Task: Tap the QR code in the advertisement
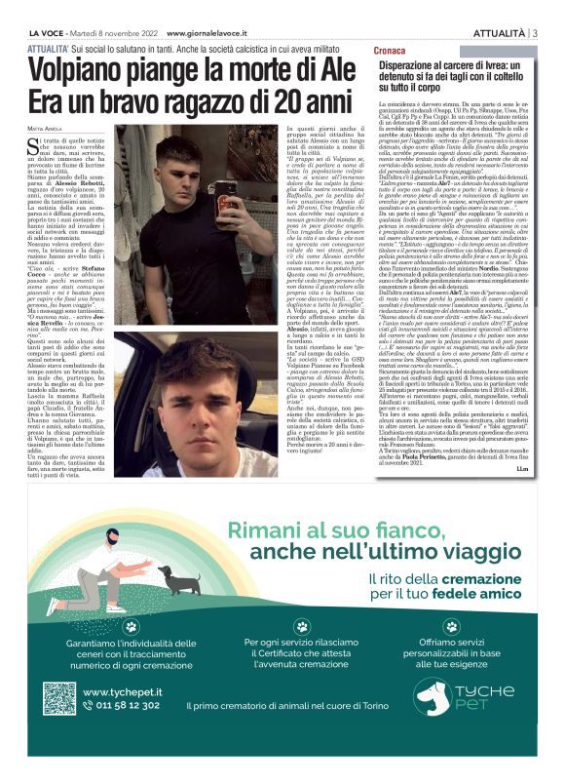(59, 699)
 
